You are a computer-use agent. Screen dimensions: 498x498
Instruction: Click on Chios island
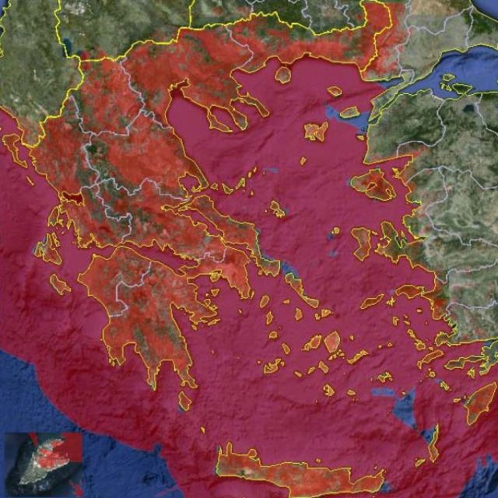pyautogui.click(x=363, y=241)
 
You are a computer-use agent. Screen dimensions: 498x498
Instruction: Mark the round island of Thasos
pyautogui.click(x=282, y=75)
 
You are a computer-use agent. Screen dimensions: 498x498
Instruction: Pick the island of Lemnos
pyautogui.click(x=315, y=132)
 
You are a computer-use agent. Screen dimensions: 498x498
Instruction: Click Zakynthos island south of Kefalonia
pyautogui.click(x=60, y=284)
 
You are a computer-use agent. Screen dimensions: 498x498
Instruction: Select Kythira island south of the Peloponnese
pyautogui.click(x=184, y=401)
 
